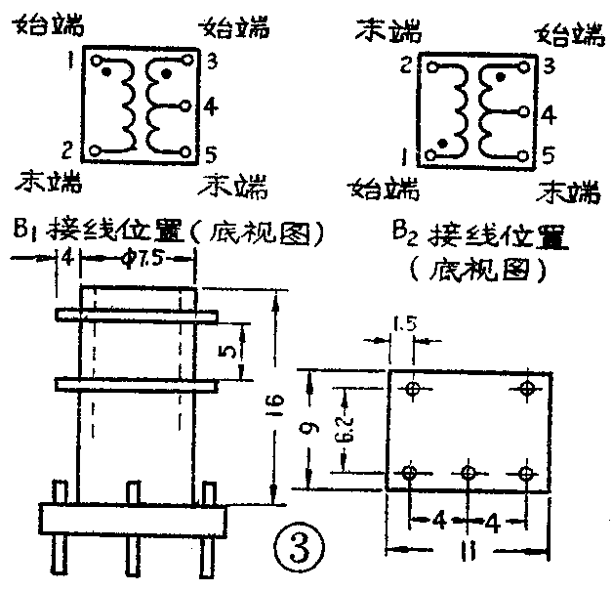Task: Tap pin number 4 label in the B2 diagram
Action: pyautogui.click(x=549, y=114)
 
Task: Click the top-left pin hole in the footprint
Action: pyautogui.click(x=412, y=389)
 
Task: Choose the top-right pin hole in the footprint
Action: pyautogui.click(x=528, y=389)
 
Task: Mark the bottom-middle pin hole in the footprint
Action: pyautogui.click(x=469, y=475)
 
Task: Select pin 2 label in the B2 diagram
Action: pyautogui.click(x=407, y=66)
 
